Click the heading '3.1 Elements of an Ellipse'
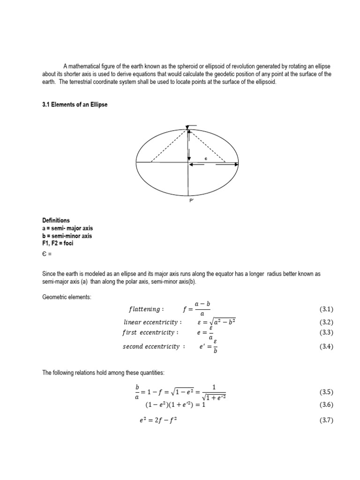[x=75, y=105]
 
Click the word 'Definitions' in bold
[x=56, y=220]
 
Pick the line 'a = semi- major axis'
[x=67, y=228]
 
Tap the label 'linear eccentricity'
[x=151, y=322]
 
